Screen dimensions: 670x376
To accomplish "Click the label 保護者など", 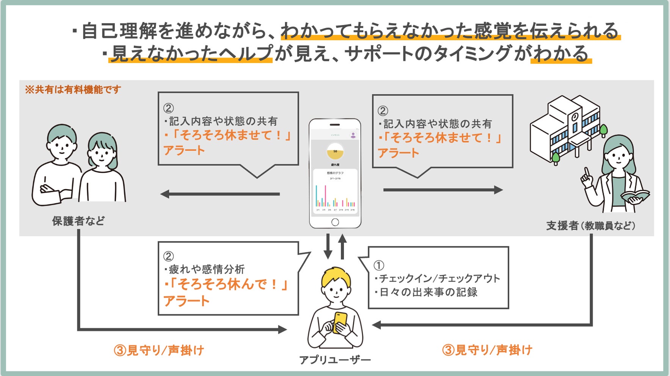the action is tap(78, 221).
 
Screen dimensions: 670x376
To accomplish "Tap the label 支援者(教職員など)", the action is tap(590, 226).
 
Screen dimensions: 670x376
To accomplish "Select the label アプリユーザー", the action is tap(335, 360).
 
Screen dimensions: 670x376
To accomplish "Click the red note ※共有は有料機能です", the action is tap(73, 90).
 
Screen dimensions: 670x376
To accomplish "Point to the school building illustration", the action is tap(565, 128).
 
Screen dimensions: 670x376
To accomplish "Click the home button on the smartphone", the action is tap(335, 222).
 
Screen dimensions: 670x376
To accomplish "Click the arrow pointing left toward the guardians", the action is tap(220, 194).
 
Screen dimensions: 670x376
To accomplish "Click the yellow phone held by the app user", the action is tap(340, 322).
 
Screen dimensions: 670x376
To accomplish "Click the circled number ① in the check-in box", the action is tap(379, 265).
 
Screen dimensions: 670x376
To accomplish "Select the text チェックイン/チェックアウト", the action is tap(439, 279).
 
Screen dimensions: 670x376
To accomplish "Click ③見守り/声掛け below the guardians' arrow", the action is tap(159, 350).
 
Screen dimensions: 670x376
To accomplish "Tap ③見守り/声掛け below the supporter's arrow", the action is tap(487, 350).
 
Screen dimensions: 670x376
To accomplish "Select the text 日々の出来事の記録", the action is tap(428, 292).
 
